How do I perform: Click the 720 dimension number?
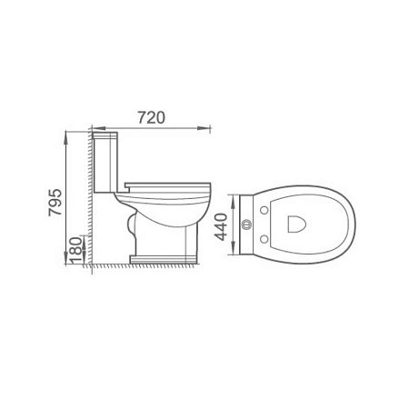[152, 117]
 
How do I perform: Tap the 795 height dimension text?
[55, 203]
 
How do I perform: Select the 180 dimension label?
[75, 250]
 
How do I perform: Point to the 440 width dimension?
[221, 227]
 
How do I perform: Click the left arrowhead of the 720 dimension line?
[98, 128]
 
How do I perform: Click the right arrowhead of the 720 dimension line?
[204, 128]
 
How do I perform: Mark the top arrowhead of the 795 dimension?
[65, 138]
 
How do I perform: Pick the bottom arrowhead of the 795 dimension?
[65, 258]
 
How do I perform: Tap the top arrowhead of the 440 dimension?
[233, 202]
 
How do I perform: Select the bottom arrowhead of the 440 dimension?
[233, 248]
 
